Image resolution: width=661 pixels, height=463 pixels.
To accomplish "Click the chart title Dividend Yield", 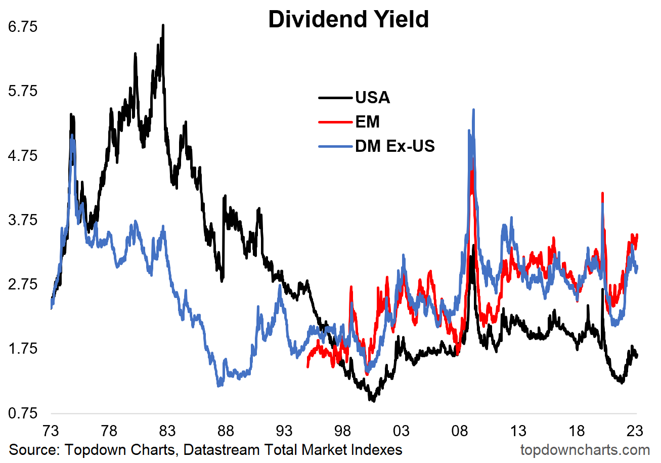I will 348,20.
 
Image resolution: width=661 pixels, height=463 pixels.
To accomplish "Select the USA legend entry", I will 372,97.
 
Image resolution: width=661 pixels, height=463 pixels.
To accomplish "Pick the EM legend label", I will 367,121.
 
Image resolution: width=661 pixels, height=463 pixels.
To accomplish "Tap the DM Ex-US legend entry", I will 395,146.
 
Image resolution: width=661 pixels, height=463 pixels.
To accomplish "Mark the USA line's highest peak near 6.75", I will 163,25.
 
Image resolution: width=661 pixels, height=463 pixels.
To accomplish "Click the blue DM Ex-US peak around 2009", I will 473,110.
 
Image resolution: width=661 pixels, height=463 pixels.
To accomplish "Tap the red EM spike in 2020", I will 602,193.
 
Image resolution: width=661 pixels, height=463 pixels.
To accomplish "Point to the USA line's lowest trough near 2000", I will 373,400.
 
